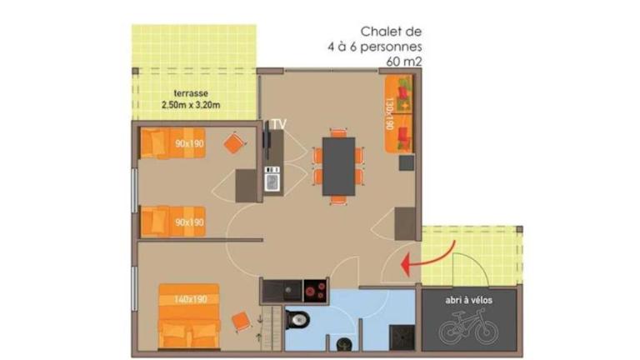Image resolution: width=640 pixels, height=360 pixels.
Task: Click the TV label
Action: pos(279,124)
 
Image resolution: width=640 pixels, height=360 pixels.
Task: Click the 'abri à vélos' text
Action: pos(468,300)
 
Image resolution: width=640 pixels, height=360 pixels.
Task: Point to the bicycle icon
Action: pos(468,327)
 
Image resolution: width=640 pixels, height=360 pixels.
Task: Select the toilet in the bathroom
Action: pos(297,319)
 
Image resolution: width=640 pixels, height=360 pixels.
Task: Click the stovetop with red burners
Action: pos(315,291)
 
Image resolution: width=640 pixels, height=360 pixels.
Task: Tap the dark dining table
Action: pos(339,166)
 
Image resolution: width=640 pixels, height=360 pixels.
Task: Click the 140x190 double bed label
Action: pos(190,299)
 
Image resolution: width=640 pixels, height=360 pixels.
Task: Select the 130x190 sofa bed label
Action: pos(389,113)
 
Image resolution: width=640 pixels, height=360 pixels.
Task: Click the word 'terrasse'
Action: pos(191,93)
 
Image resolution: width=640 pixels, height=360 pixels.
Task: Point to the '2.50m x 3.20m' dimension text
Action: pos(191,105)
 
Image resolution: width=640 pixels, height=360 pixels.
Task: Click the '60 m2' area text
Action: pos(403,62)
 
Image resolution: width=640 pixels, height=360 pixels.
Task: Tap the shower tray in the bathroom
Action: pos(402,337)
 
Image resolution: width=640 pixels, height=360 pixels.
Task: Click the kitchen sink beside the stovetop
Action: pos(282,291)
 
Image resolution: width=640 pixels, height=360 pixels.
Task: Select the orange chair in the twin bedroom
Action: pos(234,142)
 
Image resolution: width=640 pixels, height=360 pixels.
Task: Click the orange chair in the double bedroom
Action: pos(241,321)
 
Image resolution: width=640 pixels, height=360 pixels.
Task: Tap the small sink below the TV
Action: pos(272,182)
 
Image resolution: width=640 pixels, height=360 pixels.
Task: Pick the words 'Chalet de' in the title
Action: pos(391,32)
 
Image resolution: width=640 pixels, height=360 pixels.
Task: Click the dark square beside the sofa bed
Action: pos(407,162)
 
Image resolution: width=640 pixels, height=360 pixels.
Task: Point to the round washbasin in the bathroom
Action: pos(344,345)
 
